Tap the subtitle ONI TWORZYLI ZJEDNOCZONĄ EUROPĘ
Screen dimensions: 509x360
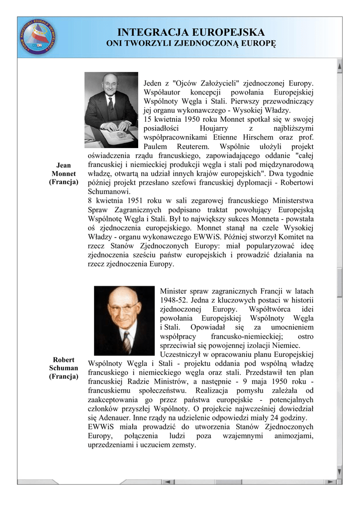[x=191, y=44]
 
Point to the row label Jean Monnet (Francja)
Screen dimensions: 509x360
[x=64, y=173]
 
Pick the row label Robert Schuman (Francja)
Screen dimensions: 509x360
[x=64, y=368]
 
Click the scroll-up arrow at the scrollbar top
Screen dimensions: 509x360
[x=339, y=65]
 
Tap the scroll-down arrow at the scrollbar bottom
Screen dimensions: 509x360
[x=339, y=471]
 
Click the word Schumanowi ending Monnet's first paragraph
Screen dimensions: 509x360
[x=109, y=191]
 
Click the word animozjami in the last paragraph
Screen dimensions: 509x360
[x=294, y=436]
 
